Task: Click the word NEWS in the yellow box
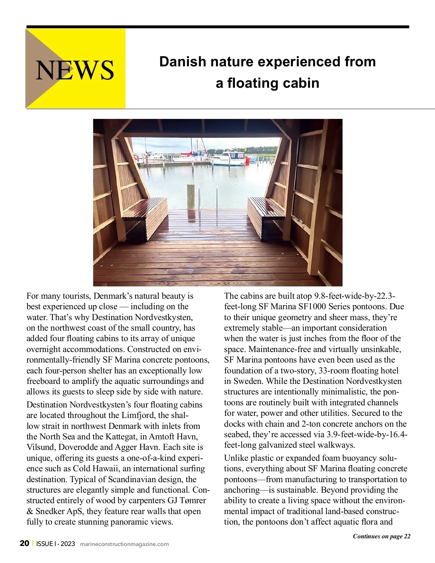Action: tap(75, 70)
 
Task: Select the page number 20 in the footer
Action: tap(24, 543)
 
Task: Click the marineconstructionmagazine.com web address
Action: tap(124, 544)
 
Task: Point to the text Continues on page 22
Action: tap(381, 536)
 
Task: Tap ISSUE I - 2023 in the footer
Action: tap(55, 543)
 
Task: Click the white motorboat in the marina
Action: tap(229, 158)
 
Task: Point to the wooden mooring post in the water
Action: tap(190, 196)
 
